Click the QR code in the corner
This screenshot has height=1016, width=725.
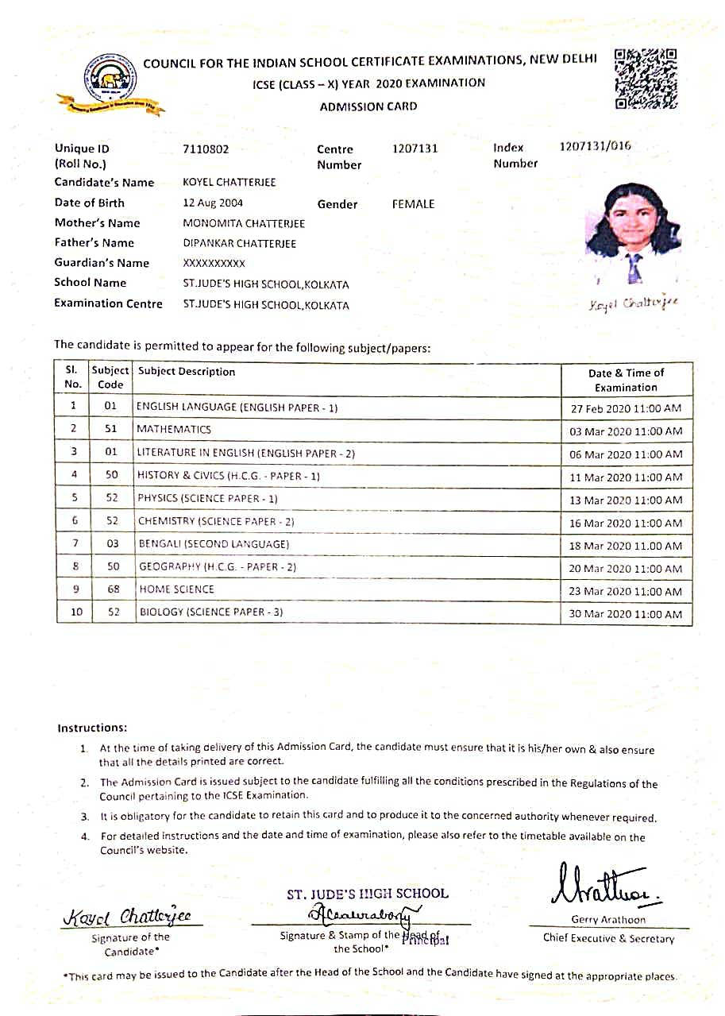(646, 79)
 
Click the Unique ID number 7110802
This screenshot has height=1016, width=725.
(206, 149)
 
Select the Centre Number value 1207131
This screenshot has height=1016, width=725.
(415, 149)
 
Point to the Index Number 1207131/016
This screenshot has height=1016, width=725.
(596, 146)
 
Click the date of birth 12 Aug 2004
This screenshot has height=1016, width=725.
(213, 203)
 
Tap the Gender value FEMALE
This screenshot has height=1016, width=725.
(414, 204)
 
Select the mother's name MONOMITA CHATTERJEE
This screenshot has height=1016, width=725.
(244, 223)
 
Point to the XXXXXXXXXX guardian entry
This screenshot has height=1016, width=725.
(214, 263)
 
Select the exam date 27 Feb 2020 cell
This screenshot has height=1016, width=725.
(626, 409)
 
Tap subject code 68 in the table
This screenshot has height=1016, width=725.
(112, 589)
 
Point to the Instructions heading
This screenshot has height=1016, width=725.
(92, 728)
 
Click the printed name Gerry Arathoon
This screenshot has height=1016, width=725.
(608, 920)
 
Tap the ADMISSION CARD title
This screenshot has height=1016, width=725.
(368, 106)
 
